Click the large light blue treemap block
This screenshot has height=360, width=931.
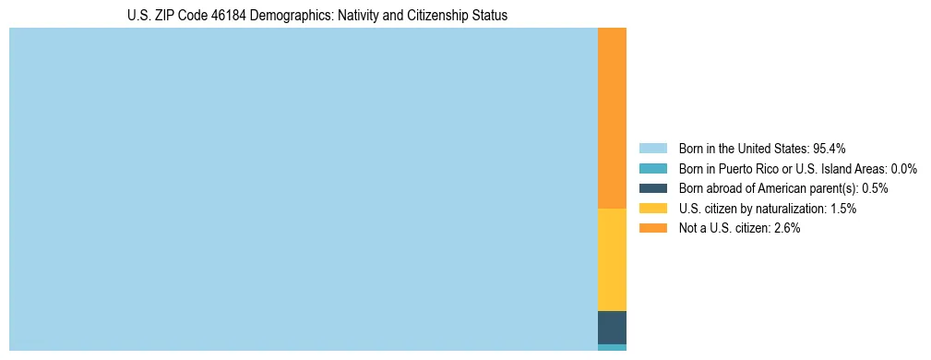click(303, 189)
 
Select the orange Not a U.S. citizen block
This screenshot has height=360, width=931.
click(612, 118)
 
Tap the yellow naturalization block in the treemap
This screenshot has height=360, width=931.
click(612, 259)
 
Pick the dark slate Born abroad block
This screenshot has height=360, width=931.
click(612, 328)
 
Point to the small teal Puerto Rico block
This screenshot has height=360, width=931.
click(612, 348)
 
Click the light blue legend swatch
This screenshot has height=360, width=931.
click(652, 148)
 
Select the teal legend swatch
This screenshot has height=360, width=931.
click(652, 168)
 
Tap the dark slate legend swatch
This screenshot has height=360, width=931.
click(652, 188)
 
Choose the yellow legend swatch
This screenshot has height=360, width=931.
click(652, 209)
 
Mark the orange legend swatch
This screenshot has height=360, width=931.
click(652, 228)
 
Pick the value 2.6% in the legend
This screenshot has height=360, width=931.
click(786, 228)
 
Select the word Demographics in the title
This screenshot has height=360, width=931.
click(273, 16)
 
